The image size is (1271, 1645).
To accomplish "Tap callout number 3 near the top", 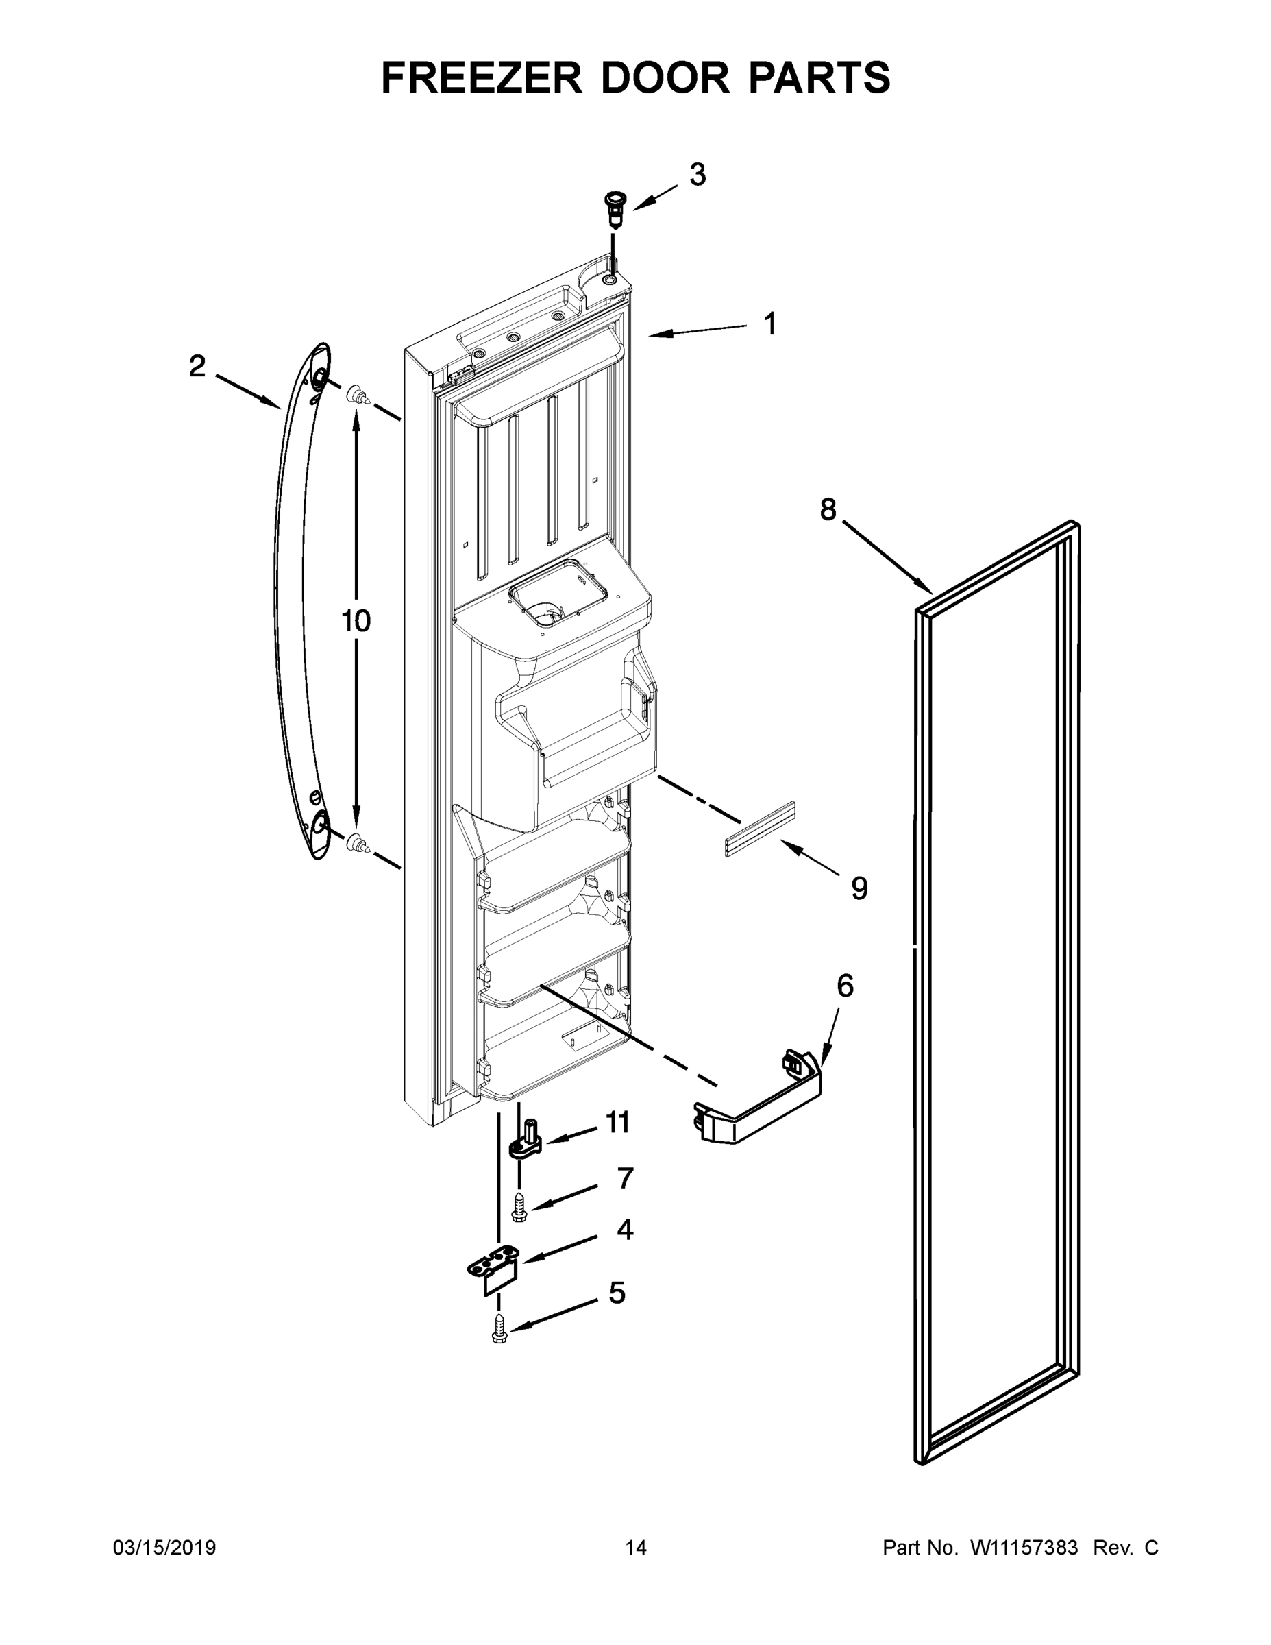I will pos(698,175).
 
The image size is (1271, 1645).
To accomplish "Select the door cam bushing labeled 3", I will pos(615,208).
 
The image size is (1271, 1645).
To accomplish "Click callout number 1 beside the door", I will pos(769,324).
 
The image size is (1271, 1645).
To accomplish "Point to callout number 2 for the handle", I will pos(197,367).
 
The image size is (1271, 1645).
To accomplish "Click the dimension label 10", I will pos(356,622).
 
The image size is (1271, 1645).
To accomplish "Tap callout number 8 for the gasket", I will pos(828,510).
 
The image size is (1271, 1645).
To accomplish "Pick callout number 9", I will pos(859,888).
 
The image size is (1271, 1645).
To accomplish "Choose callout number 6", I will pos(845,985).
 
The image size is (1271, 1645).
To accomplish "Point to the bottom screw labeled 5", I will pos(499,1328).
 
